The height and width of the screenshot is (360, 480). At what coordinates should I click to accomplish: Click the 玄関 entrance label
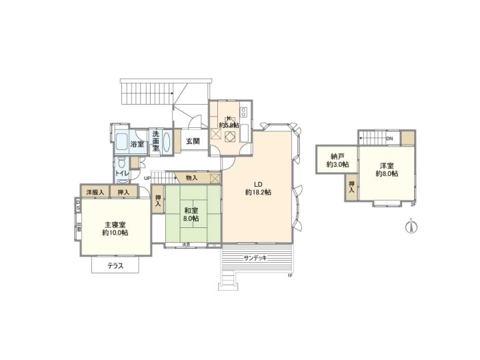click(193, 141)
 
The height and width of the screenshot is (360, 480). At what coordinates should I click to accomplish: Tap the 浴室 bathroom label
click(137, 145)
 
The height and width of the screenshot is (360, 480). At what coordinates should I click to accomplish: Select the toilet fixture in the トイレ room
click(121, 163)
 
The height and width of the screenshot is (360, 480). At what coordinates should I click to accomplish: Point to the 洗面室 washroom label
click(155, 141)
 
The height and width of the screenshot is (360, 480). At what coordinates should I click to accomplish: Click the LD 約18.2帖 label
click(258, 189)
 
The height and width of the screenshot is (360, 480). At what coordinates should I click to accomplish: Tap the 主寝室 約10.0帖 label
click(115, 229)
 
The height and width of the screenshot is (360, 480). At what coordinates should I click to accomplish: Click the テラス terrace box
click(115, 265)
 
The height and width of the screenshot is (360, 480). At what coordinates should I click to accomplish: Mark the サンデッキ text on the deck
click(256, 257)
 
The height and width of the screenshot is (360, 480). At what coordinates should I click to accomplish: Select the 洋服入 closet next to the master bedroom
click(94, 193)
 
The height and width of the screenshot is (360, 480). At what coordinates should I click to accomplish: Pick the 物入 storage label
click(191, 178)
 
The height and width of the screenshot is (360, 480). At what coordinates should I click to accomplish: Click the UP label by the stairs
click(146, 178)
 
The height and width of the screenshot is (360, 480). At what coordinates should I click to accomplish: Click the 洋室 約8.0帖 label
click(386, 169)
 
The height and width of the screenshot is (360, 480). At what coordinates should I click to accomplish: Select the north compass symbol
click(411, 227)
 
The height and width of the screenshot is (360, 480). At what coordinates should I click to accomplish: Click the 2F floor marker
click(413, 205)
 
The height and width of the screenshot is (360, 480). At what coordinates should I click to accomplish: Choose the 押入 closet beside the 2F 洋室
click(351, 187)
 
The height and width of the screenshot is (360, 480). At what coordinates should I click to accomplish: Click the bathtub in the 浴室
click(121, 142)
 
